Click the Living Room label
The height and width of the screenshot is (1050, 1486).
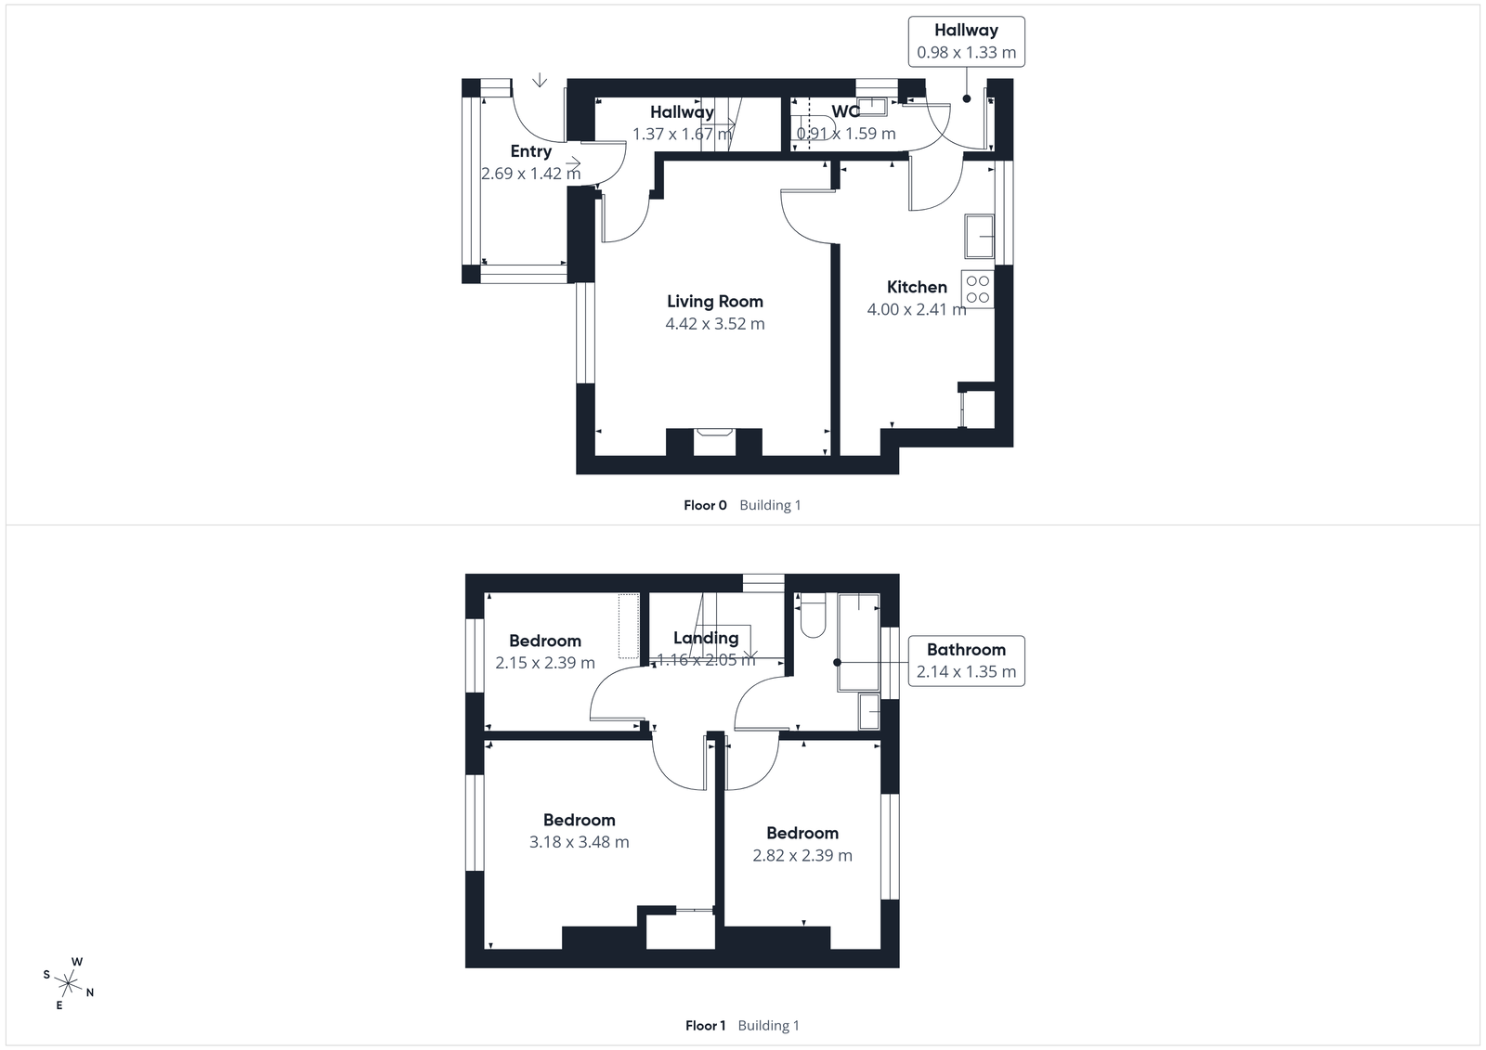coord(714,301)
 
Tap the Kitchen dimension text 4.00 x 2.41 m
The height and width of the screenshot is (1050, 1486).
coord(916,309)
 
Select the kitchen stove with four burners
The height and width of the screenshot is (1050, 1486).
coord(977,288)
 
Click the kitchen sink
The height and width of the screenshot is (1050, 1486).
coord(979,236)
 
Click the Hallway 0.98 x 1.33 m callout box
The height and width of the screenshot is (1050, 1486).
coord(966,42)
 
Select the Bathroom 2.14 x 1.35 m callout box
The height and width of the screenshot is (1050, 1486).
coord(966,660)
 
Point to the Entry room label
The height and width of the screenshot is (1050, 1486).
coord(530,151)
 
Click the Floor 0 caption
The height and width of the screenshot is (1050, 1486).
coord(705,505)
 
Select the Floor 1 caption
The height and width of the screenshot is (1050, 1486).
coord(705,1025)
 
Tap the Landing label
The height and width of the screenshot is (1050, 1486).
coord(706,638)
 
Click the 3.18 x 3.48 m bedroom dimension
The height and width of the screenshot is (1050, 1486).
coord(579,842)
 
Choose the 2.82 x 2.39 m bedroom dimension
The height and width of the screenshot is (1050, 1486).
coord(802,855)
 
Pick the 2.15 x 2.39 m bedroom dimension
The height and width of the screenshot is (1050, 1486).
coord(544,663)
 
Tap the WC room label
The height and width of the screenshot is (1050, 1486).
coord(845,111)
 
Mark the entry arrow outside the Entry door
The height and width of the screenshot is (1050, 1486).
coord(539,81)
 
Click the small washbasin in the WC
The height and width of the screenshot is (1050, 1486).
coord(871,104)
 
